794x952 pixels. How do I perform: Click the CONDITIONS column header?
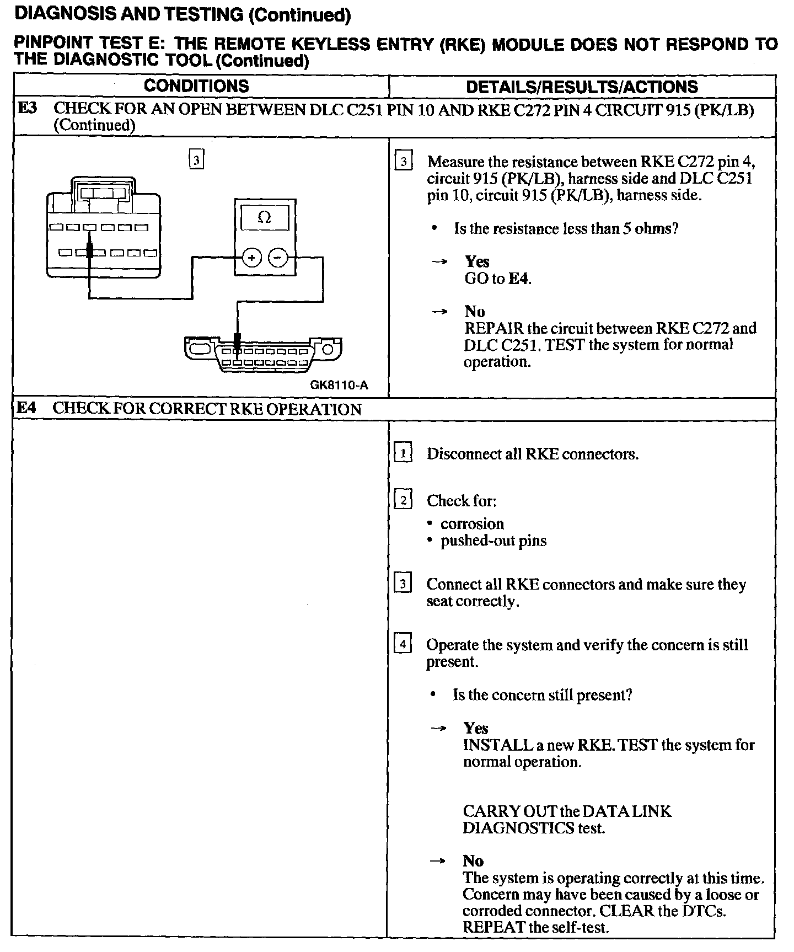[196, 86]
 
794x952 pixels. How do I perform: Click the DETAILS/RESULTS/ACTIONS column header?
[582, 87]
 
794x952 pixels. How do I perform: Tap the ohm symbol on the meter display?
[264, 218]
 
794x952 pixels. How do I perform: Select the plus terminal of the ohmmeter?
[251, 258]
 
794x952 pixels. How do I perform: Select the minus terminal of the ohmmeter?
[278, 258]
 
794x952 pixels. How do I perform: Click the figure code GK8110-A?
[339, 385]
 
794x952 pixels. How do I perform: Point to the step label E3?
[27, 108]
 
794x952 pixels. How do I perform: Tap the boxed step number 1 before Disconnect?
[403, 453]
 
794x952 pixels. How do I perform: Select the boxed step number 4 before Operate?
[403, 644]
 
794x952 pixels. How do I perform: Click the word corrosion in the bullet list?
[472, 523]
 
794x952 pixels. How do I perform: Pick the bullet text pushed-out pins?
[493, 540]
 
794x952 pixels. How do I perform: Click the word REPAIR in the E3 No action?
[493, 328]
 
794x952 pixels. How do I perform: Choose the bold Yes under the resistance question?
[477, 261]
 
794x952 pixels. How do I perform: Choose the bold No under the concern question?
[473, 861]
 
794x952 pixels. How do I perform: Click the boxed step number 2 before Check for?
[403, 500]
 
